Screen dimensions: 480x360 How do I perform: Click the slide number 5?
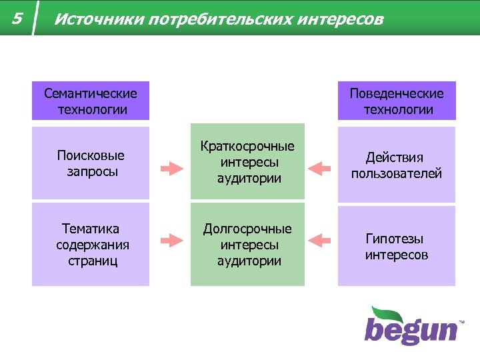coord(17,19)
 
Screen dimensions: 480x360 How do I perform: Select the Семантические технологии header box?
coord(91,101)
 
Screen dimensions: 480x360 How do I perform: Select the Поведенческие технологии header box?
coord(397,101)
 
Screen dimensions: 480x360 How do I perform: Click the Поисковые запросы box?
coord(91,163)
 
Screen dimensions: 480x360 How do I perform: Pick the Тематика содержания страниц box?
coord(91,245)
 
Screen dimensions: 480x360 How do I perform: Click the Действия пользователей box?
coord(397,165)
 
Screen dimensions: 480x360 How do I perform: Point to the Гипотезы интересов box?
coord(397,246)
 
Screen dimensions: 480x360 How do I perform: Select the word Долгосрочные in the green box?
coord(247,229)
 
